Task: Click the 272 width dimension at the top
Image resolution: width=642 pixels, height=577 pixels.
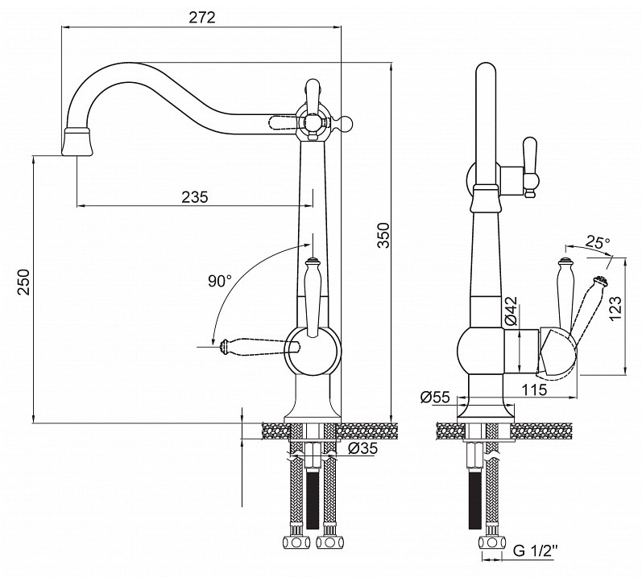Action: tap(202, 18)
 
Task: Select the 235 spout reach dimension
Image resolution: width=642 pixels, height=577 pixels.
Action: tap(194, 197)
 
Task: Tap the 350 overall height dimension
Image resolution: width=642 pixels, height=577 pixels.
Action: tap(383, 235)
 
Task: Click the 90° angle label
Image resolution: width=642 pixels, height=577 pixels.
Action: tap(219, 281)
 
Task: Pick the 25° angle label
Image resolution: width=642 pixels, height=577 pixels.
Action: tap(598, 242)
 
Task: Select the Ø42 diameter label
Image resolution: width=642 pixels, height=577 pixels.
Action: tap(512, 311)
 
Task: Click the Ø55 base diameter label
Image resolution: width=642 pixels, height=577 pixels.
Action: tap(435, 397)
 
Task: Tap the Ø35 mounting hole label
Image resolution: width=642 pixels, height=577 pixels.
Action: tap(362, 448)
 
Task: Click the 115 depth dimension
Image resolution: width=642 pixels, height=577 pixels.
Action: tap(534, 389)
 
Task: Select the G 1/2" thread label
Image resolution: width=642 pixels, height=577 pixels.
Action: tap(536, 550)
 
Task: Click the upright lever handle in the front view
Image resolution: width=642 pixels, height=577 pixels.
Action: tap(312, 297)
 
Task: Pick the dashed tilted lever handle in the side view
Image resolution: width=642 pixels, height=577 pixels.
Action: tap(586, 305)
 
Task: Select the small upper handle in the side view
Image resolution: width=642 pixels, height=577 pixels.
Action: tap(529, 167)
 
